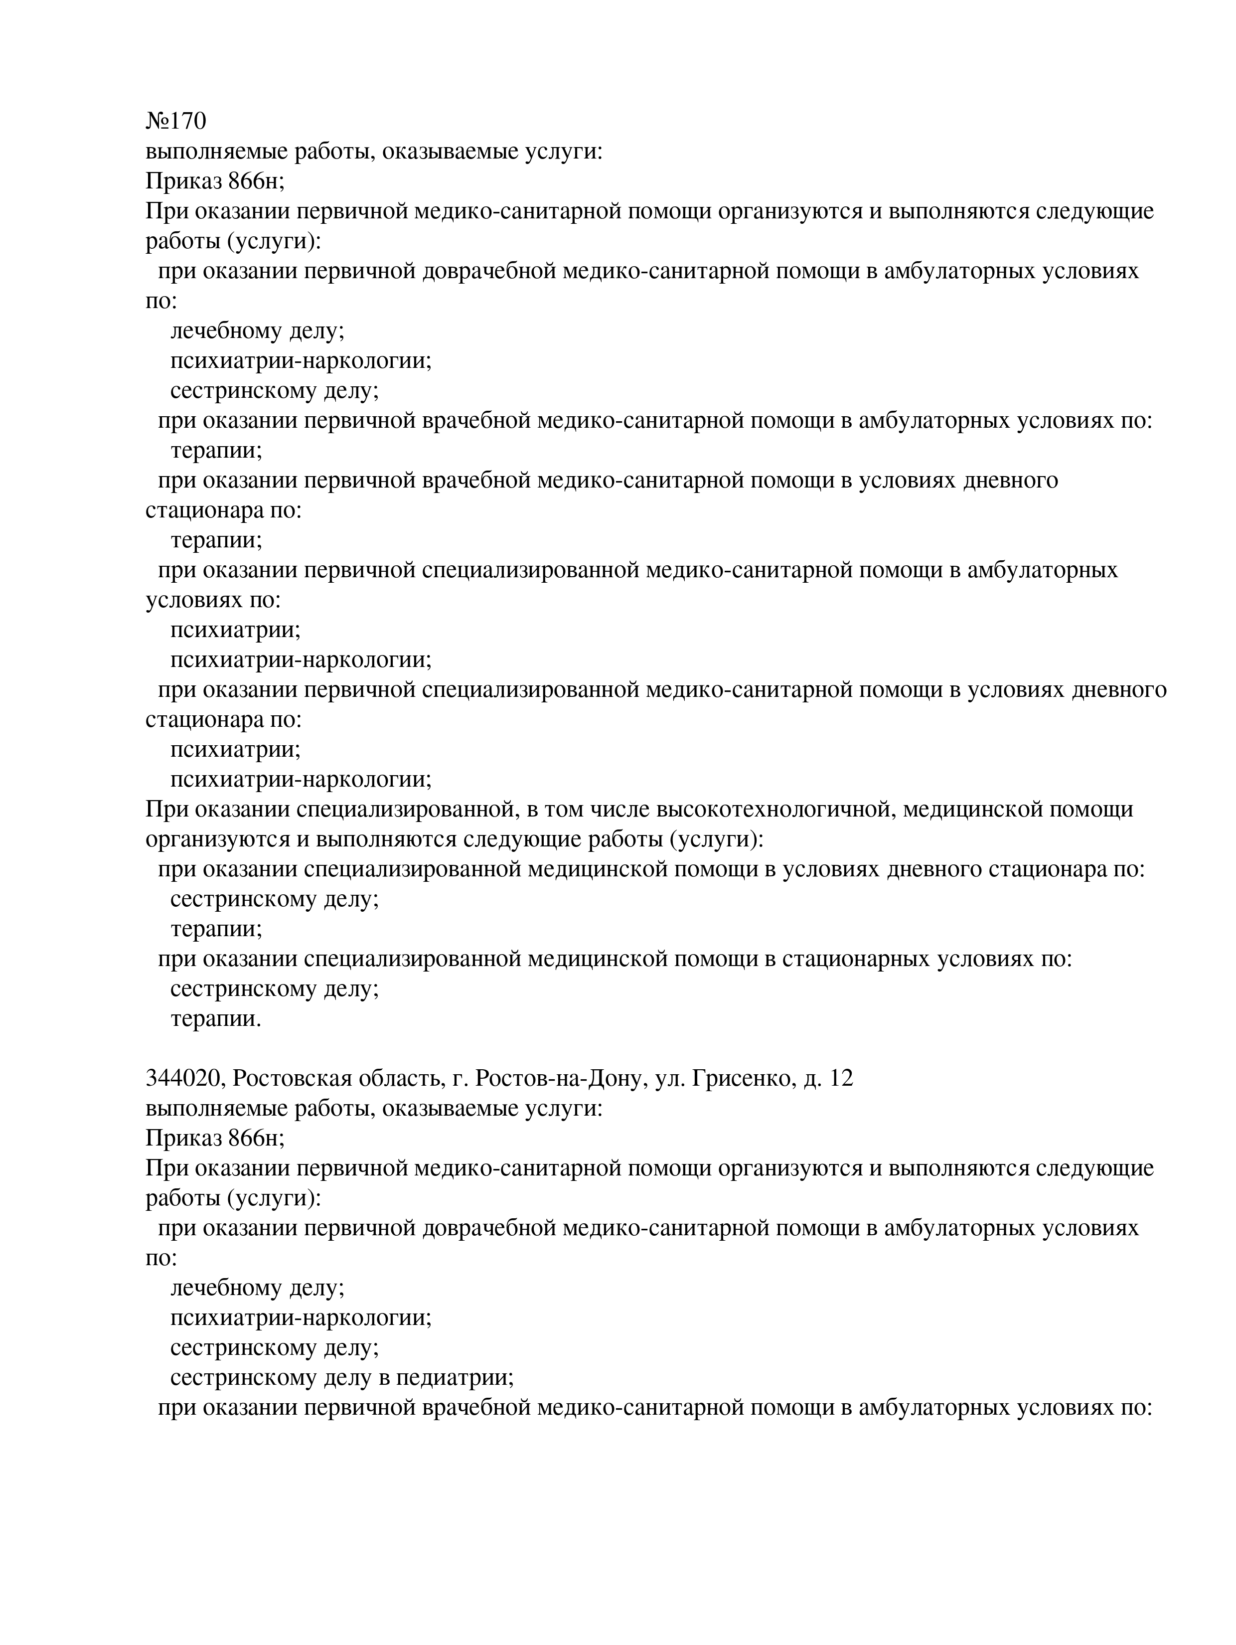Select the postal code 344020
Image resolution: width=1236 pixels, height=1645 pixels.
186,1078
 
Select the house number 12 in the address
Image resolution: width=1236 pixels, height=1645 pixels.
840,1078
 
